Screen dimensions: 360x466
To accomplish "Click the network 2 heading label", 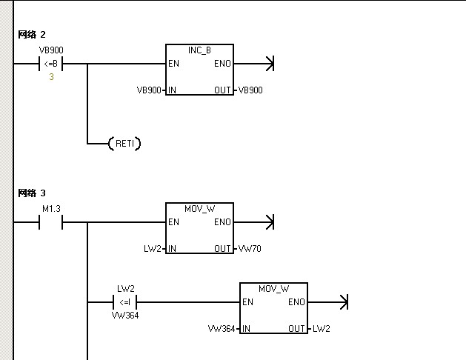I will click(32, 34).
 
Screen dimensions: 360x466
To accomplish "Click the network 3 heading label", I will click(32, 193).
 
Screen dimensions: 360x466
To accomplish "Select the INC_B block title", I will click(199, 50).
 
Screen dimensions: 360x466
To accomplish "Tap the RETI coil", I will click(124, 144).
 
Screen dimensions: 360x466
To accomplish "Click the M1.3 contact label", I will click(50, 208).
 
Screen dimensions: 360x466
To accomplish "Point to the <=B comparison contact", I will click(50, 64).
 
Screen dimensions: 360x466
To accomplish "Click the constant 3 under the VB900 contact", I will click(51, 77).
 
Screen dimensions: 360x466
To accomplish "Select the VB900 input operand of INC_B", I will click(149, 90).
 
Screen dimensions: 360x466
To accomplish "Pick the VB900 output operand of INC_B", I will click(250, 90).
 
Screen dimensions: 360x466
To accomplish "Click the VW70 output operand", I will click(249, 249).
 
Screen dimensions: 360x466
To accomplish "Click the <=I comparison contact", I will click(124, 302).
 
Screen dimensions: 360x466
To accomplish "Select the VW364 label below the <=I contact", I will click(125, 315).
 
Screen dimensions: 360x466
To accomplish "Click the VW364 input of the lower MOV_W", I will click(223, 329).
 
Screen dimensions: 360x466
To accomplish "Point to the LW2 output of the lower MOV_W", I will click(322, 329).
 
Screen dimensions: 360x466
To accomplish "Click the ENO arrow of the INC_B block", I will click(269, 64).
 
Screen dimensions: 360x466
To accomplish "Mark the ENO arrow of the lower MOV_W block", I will click(342, 302).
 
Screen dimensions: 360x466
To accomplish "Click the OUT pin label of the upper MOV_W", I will click(223, 249).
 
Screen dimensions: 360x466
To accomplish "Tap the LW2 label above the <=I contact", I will click(125, 287).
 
